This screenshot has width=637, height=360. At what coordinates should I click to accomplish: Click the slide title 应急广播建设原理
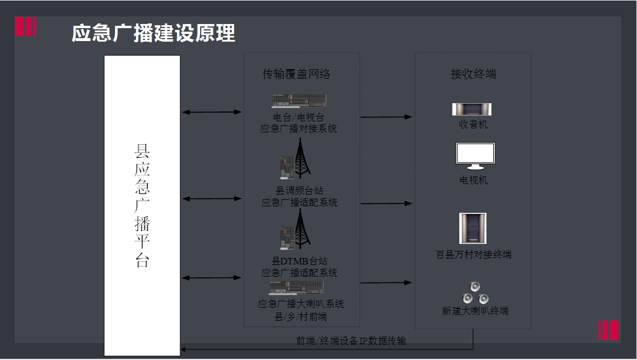click(153, 33)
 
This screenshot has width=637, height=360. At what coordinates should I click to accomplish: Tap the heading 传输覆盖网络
click(296, 74)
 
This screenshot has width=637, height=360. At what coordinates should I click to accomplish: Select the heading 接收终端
click(473, 74)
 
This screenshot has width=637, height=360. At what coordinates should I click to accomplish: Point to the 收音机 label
click(473, 125)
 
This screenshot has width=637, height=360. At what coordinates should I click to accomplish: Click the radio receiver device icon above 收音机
click(472, 109)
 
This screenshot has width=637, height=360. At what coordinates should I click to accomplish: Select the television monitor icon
click(475, 156)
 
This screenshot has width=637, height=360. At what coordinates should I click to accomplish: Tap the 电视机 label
click(473, 180)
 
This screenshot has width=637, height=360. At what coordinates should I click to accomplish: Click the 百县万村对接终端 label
click(474, 254)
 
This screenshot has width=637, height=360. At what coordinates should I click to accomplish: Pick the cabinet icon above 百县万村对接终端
click(473, 229)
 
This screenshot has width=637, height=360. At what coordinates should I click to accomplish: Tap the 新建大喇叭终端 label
click(475, 311)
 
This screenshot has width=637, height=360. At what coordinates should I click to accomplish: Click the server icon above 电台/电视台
click(299, 101)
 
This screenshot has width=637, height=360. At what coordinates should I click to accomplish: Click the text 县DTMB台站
click(299, 261)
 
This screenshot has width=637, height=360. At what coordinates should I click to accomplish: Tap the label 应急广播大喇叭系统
click(301, 304)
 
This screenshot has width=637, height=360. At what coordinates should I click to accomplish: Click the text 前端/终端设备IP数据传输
click(351, 341)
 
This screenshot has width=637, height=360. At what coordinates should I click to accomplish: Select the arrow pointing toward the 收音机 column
click(387, 117)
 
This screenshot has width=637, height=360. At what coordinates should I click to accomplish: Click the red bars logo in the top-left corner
click(26, 27)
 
